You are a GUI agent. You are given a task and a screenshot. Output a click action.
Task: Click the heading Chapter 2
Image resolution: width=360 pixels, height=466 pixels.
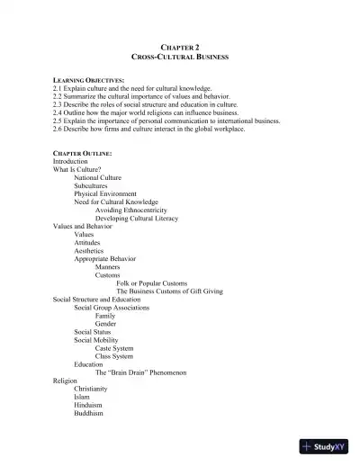(179, 47)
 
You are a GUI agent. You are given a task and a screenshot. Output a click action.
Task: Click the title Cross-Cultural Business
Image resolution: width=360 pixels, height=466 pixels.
(179, 57)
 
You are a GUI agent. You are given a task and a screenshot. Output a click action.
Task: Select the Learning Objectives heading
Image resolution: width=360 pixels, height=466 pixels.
(88, 81)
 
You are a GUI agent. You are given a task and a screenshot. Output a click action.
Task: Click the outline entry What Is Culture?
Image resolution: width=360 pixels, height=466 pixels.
(76, 169)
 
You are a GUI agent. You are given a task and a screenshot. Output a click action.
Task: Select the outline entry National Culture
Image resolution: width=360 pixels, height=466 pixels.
(97, 178)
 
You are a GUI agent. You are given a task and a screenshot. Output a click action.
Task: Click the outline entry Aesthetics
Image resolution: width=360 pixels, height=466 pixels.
(89, 250)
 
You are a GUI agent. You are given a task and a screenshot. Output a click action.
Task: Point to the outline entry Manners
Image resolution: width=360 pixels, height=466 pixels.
(107, 266)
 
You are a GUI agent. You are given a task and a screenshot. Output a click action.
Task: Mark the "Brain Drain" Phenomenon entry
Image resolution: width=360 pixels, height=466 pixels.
(140, 372)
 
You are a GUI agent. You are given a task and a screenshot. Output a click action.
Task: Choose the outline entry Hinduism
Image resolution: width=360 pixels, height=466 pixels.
(90, 404)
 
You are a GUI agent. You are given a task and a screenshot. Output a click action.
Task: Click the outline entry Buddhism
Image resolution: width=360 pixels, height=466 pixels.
(89, 413)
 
